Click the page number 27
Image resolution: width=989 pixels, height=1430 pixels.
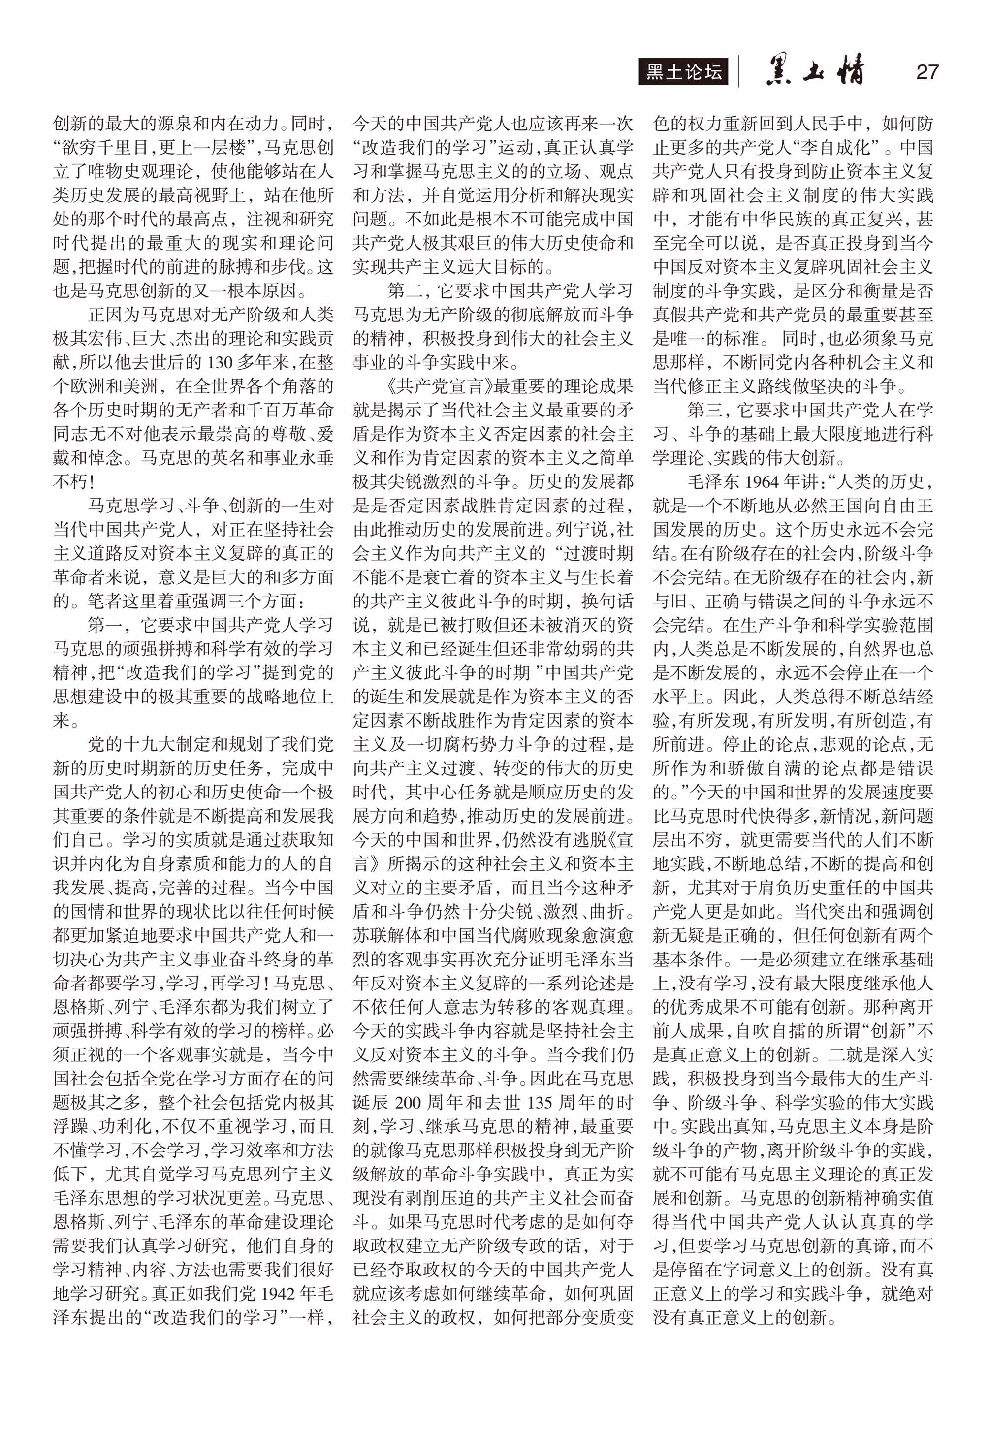coord(926,72)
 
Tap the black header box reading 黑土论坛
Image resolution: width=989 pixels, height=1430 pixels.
coord(683,72)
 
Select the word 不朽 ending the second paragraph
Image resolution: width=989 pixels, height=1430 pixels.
coord(67,482)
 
